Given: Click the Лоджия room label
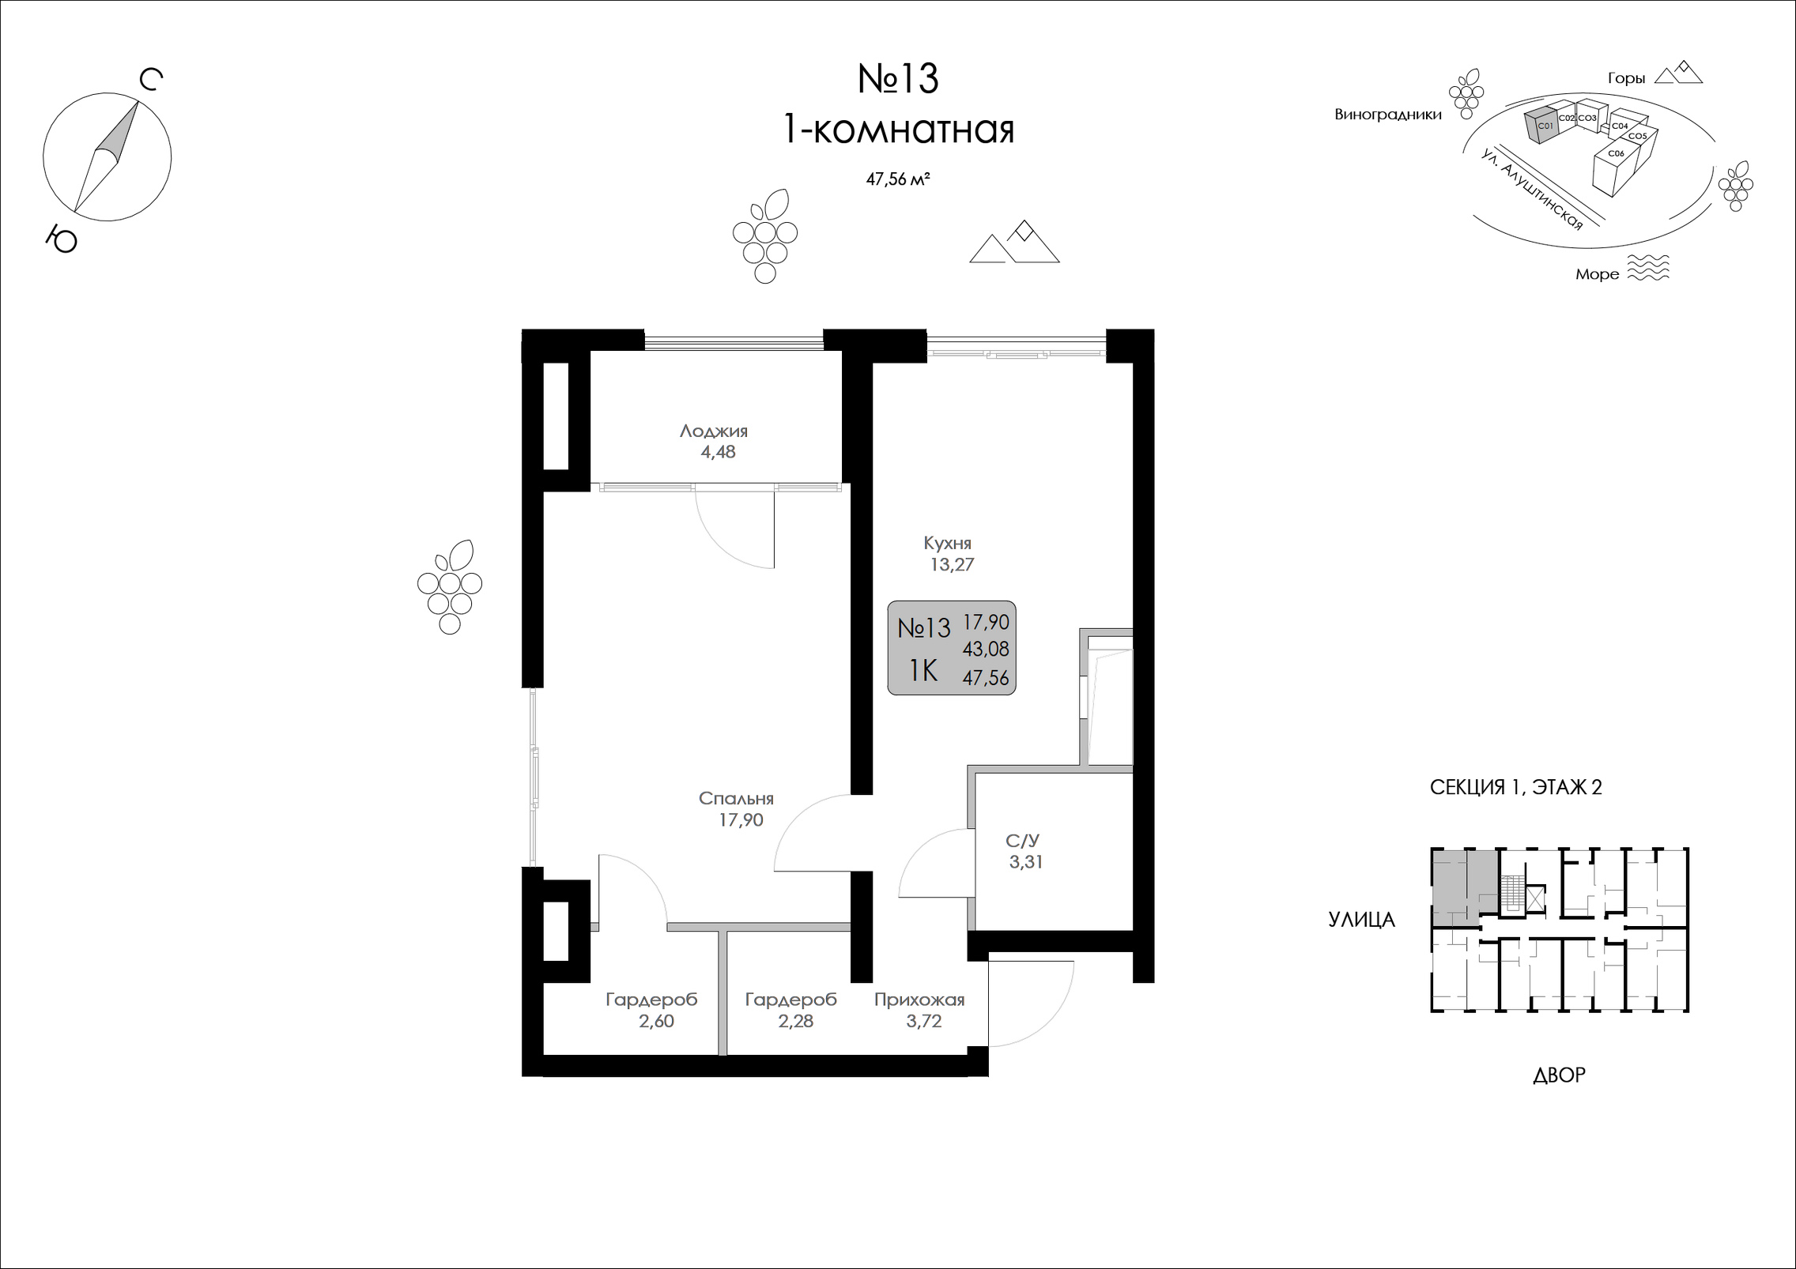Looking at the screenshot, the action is (x=713, y=431).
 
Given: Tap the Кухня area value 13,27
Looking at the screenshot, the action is (x=952, y=564).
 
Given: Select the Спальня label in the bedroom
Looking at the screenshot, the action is (x=736, y=798).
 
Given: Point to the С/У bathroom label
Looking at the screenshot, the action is (x=1022, y=841).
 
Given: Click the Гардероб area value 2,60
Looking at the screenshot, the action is (x=656, y=1021).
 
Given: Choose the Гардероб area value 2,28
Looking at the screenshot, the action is (x=795, y=1021).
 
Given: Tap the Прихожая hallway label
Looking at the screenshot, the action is (x=919, y=1000).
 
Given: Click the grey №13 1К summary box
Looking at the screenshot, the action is (x=952, y=648).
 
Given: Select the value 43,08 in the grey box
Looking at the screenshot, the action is (x=986, y=649).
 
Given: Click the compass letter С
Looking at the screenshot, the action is (x=151, y=80).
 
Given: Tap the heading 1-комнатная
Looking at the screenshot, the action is (x=898, y=130).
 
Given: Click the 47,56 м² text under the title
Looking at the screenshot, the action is (x=897, y=179).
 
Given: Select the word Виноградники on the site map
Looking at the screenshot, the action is (x=1388, y=115).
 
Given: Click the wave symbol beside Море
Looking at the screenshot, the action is (x=1648, y=268).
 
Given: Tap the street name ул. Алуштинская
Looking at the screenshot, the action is (x=1533, y=190).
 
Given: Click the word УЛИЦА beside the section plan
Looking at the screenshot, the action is (x=1361, y=920).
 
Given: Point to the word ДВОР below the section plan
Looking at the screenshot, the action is (x=1559, y=1075).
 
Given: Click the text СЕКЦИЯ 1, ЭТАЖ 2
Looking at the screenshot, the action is (x=1516, y=787).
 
